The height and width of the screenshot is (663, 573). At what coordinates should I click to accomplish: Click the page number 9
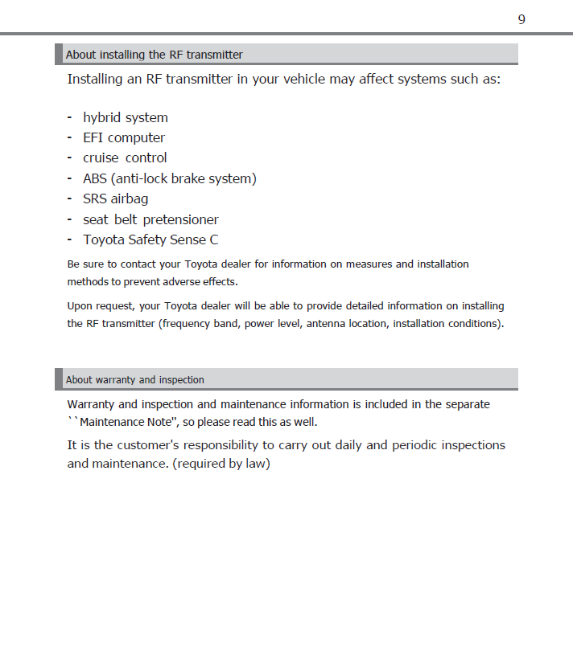tap(521, 19)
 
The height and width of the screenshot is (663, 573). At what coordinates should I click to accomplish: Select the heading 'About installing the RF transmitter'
tap(155, 55)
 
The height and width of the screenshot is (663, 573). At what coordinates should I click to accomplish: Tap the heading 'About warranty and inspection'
tap(135, 379)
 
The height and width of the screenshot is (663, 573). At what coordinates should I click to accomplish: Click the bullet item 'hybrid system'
tap(126, 117)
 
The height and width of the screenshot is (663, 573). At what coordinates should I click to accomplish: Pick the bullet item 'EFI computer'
tap(124, 137)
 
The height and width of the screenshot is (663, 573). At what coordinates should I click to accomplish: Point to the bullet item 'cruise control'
tap(125, 158)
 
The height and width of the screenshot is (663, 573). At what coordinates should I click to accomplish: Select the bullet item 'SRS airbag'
tap(115, 198)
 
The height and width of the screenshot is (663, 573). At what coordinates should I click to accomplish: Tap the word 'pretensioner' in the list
tap(181, 219)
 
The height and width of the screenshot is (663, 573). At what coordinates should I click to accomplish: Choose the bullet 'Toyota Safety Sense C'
tap(150, 239)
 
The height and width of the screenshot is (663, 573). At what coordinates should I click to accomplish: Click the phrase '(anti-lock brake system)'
tap(185, 178)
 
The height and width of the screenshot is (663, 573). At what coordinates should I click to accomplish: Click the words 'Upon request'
tap(100, 305)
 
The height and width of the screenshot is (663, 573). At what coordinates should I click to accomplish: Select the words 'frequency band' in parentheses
tap(199, 323)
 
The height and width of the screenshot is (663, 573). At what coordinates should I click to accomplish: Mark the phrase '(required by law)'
tap(221, 464)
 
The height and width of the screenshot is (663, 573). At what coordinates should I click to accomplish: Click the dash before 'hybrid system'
tap(70, 117)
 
